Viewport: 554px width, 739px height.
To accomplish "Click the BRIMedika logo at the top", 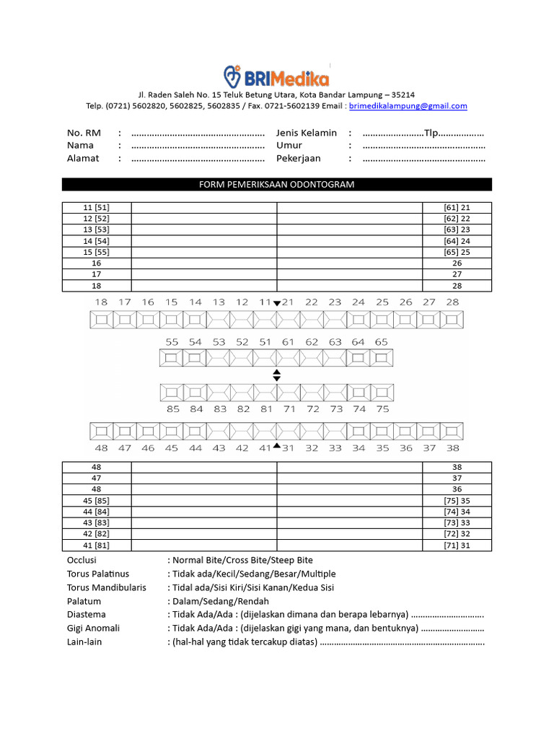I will pyautogui.click(x=276, y=76).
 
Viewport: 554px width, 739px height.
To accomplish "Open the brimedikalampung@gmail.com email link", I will pyautogui.click(x=408, y=106).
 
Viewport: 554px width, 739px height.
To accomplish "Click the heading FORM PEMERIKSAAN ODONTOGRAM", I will pyautogui.click(x=277, y=185).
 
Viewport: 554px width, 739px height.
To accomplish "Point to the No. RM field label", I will pyautogui.click(x=84, y=133).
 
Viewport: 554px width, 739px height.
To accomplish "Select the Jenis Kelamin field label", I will pyautogui.click(x=307, y=133).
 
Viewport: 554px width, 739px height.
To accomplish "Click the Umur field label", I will pyautogui.click(x=289, y=145).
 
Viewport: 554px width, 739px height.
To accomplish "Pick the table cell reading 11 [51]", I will pyautogui.click(x=96, y=208).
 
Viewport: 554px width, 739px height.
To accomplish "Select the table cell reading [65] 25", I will pyautogui.click(x=457, y=253).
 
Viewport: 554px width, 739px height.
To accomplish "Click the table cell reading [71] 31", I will pyautogui.click(x=457, y=546).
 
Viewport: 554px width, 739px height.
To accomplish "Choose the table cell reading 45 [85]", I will pyautogui.click(x=96, y=501).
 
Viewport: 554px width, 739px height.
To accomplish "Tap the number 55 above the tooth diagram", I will pyautogui.click(x=172, y=342).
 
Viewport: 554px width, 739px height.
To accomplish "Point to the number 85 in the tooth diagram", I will pyautogui.click(x=173, y=409).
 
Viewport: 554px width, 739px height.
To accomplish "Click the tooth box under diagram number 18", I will pyautogui.click(x=101, y=319).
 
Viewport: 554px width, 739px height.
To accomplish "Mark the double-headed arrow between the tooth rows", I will pyautogui.click(x=276, y=375).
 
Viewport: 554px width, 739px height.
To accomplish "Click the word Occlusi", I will pyautogui.click(x=82, y=561).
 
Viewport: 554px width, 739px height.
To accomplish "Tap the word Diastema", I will pyautogui.click(x=87, y=615).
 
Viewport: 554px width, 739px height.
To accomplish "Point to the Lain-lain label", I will pyautogui.click(x=84, y=642).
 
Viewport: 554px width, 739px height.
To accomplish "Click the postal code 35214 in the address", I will pyautogui.click(x=400, y=95).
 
